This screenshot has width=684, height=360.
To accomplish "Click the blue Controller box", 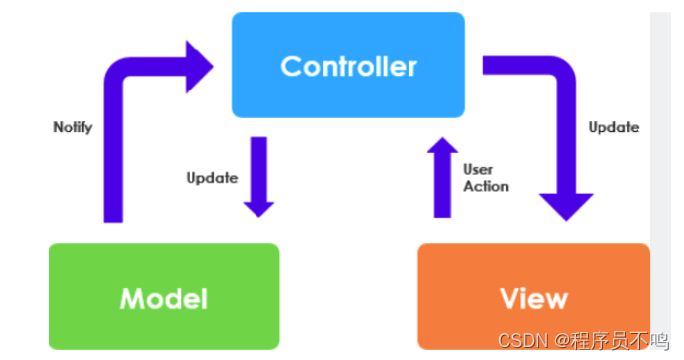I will pos(348,65).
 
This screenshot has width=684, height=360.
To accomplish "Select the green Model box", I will pos(164,297).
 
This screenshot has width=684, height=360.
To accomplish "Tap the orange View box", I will pos(533,297).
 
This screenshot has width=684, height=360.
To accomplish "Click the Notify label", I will pos(73,127).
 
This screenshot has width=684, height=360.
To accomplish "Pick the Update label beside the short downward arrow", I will pos(212,178).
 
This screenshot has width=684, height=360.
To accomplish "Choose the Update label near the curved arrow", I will pos(613,127).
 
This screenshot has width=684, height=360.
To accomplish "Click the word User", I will pos(478,170).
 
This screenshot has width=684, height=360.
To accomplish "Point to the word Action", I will pos(486,186).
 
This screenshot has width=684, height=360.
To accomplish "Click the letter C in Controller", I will pos(291,66).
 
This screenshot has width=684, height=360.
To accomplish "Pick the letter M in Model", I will pos(131,297).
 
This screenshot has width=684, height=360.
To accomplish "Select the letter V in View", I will pos(508,297).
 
